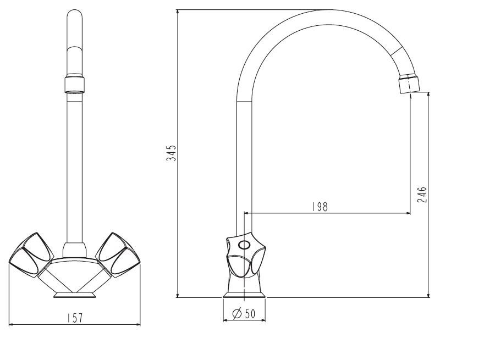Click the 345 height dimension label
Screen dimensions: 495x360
pyautogui.click(x=171, y=153)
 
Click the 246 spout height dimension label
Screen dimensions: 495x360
pyautogui.click(x=422, y=195)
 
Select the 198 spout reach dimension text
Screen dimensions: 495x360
pyautogui.click(x=320, y=207)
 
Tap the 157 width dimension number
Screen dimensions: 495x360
pyautogui.click(x=75, y=318)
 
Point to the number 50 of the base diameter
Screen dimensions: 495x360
pyautogui.click(x=249, y=314)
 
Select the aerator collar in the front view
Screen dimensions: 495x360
pyautogui.click(x=74, y=84)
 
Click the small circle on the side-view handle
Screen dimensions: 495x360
pyautogui.click(x=244, y=245)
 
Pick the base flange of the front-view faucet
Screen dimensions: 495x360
pyautogui.click(x=74, y=295)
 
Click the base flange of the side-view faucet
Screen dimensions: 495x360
pyautogui.click(x=245, y=295)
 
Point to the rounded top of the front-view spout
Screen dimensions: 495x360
pyautogui.click(x=74, y=14)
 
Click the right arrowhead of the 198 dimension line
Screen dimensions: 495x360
pyautogui.click(x=408, y=214)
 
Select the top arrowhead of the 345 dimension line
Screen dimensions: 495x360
pyautogui.click(x=178, y=13)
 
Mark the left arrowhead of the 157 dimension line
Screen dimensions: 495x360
pyautogui.click(x=12, y=324)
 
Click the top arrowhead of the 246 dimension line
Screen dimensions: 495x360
pyautogui.click(x=428, y=95)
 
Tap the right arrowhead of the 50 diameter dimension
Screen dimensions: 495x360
pyautogui.click(x=263, y=320)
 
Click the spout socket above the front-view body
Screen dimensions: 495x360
pyautogui.click(x=74, y=250)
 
